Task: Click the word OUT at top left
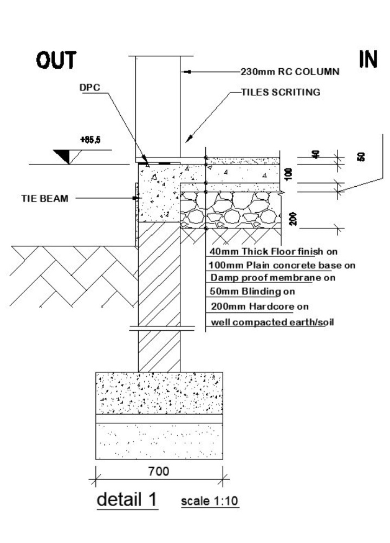click(56, 61)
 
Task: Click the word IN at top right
click(368, 60)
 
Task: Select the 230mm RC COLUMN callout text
click(290, 71)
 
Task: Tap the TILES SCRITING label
click(281, 92)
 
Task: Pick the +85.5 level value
click(88, 140)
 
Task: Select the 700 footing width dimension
click(159, 472)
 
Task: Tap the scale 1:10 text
click(209, 501)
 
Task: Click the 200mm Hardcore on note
click(259, 306)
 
